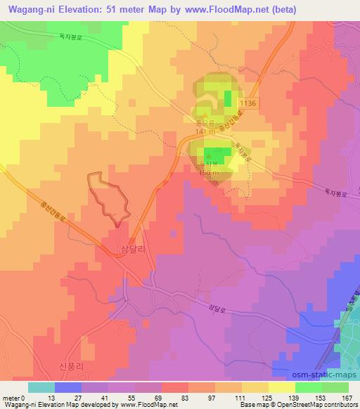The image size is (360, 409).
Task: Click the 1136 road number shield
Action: (x=248, y=104)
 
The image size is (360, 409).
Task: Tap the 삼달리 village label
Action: (x=135, y=249)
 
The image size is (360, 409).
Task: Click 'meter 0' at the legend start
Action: (x=14, y=398)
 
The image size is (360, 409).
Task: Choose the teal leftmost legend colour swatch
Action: (x=41, y=387)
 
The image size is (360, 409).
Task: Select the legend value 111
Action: (x=242, y=398)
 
